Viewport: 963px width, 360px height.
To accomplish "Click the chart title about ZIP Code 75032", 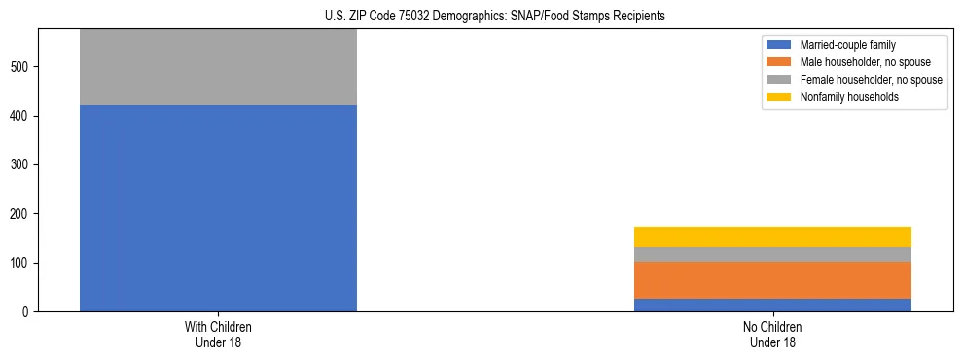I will click(495, 17).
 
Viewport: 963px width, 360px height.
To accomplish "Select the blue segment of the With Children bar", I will click(218, 208).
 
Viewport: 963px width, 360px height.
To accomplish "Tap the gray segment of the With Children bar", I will click(218, 67).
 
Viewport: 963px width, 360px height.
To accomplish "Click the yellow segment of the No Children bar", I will click(772, 236).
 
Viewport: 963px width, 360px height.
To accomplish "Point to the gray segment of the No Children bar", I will click(772, 254).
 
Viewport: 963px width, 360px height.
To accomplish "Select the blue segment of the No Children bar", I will click(772, 305).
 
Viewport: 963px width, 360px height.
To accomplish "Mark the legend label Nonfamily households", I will click(842, 97).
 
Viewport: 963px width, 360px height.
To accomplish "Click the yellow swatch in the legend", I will click(779, 97).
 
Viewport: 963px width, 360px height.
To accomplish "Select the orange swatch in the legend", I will click(779, 62).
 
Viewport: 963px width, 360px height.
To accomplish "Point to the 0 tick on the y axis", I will click(28, 312).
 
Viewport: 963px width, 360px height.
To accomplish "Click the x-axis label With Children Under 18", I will click(218, 335).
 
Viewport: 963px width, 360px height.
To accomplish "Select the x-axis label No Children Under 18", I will click(772, 335).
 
